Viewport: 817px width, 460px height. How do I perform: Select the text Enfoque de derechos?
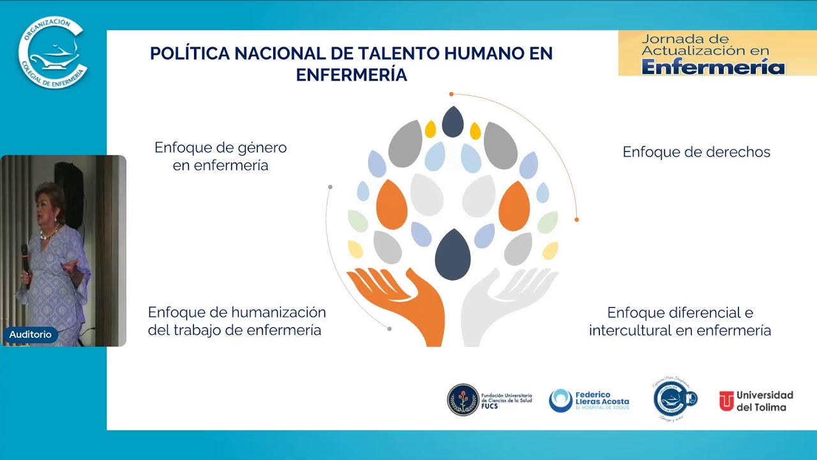[x=696, y=152]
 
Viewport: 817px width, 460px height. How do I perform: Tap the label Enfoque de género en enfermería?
[x=220, y=157]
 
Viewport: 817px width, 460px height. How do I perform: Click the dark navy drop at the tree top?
[x=453, y=122]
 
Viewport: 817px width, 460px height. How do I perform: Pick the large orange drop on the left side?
[x=391, y=206]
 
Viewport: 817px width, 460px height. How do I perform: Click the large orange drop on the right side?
[x=514, y=206]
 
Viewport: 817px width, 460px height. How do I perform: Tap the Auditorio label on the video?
[x=30, y=334]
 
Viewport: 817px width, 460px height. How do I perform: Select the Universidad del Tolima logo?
[x=756, y=401]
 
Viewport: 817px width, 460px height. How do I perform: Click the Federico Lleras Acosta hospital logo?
[x=589, y=401]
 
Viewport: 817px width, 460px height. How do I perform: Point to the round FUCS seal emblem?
[x=463, y=400]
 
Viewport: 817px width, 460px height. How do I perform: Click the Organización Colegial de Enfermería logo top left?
[x=52, y=52]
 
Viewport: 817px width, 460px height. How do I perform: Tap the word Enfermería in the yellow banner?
[x=713, y=66]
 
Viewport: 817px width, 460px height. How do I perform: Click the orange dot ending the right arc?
[x=576, y=220]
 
